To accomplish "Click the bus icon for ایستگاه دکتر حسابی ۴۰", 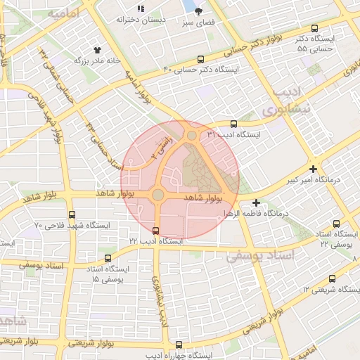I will pyautogui.click(x=202, y=60).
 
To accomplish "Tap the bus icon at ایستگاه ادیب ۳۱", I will pyautogui.click(x=233, y=124).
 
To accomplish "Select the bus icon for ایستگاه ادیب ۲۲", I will pyautogui.click(x=155, y=230).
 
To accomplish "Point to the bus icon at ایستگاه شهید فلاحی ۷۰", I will pyautogui.click(x=72, y=215).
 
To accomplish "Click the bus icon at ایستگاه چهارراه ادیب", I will pyautogui.click(x=178, y=345).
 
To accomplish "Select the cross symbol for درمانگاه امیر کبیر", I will pyautogui.click(x=313, y=169).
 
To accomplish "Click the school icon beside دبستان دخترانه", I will pyautogui.click(x=141, y=8).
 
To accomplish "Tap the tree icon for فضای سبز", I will pyautogui.click(x=198, y=11).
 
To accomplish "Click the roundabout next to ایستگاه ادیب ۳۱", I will pyautogui.click(x=191, y=136).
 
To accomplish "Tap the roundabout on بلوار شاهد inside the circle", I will pyautogui.click(x=158, y=194).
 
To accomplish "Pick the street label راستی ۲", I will pyautogui.click(x=163, y=144).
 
